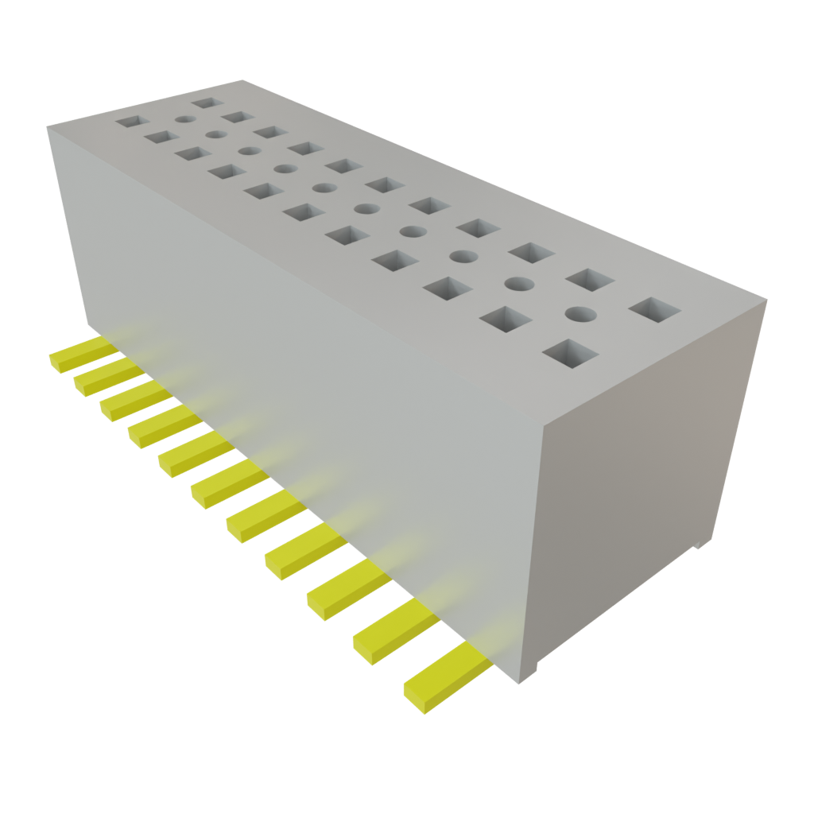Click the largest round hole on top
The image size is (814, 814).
(x=580, y=313)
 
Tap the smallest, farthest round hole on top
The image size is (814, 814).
(x=184, y=120)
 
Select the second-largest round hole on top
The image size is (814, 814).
(x=518, y=283)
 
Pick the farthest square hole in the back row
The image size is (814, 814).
(x=206, y=103)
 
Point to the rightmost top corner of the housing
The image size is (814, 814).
(x=767, y=298)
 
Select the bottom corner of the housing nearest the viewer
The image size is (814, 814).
(x=520, y=682)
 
